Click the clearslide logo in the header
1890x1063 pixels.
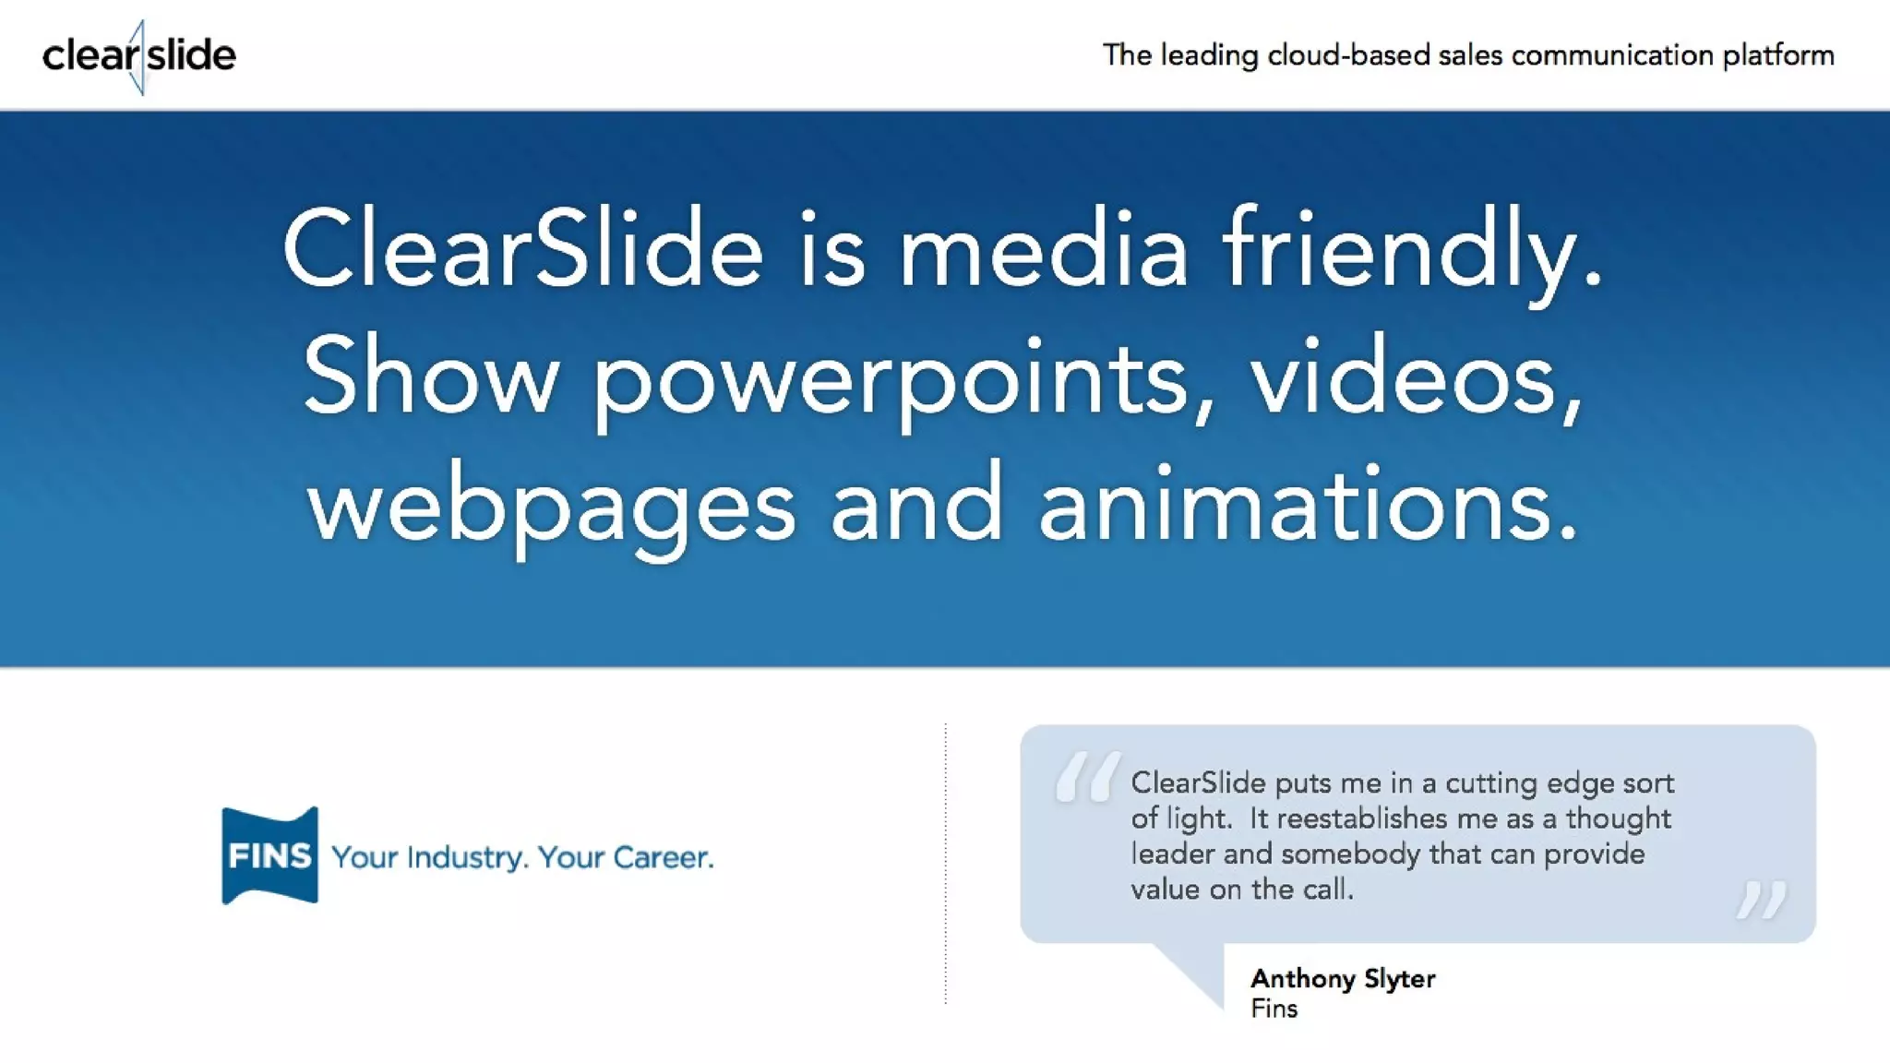pyautogui.click(x=139, y=55)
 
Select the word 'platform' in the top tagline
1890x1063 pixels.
pyautogui.click(x=1777, y=55)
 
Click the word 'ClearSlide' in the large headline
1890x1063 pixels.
pyautogui.click(x=522, y=249)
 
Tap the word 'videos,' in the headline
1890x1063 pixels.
pyautogui.click(x=1417, y=378)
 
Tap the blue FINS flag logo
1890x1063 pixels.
pyautogui.click(x=269, y=855)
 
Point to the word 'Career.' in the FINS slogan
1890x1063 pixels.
pyautogui.click(x=664, y=857)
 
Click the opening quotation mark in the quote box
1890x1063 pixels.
pyautogui.click(x=1087, y=776)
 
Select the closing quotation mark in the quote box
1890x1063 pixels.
pyautogui.click(x=1761, y=899)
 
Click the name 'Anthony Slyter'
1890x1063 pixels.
pyautogui.click(x=1343, y=978)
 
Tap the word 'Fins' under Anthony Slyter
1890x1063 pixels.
pyautogui.click(x=1274, y=1009)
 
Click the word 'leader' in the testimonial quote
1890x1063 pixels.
pyautogui.click(x=1172, y=854)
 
